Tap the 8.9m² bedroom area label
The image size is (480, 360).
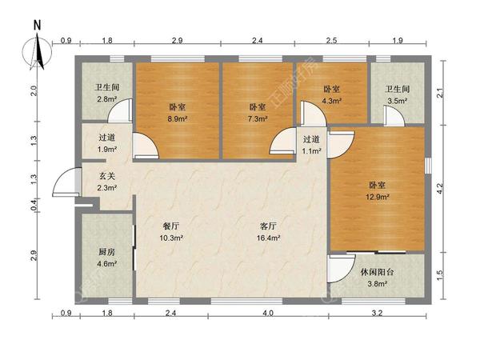click(x=178, y=118)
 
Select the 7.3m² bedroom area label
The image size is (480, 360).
click(x=258, y=118)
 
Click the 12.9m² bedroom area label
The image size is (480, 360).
click(x=378, y=197)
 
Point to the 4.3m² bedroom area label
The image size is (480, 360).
click(x=332, y=101)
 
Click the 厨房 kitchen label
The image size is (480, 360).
click(x=107, y=252)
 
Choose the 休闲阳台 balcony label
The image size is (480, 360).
click(x=377, y=272)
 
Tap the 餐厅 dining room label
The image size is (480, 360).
click(x=171, y=226)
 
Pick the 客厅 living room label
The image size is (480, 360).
click(x=268, y=226)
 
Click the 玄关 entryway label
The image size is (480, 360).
click(x=107, y=176)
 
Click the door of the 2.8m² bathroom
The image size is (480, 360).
click(x=120, y=110)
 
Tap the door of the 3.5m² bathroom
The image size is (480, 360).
click(x=394, y=116)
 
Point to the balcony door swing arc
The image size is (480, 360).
click(x=342, y=269)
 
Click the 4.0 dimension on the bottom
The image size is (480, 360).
click(x=268, y=313)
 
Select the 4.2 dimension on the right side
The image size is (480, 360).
click(x=440, y=188)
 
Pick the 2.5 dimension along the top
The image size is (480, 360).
click(x=331, y=40)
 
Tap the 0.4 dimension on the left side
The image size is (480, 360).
click(x=35, y=205)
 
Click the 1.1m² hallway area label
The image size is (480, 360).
click(x=312, y=151)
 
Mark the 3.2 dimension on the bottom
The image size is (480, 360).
click(x=378, y=313)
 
